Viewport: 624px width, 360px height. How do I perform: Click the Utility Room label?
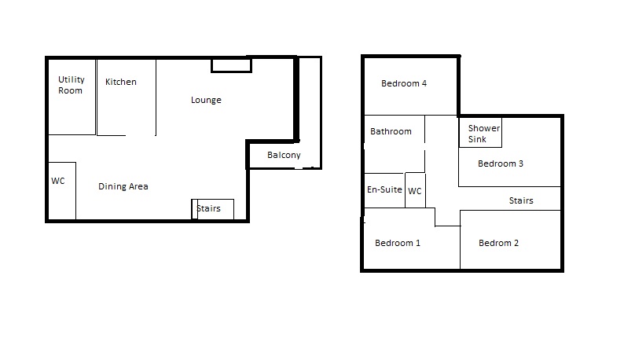tap(72, 85)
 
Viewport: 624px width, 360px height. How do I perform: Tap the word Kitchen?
tap(120, 82)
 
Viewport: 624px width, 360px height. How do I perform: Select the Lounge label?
tap(206, 100)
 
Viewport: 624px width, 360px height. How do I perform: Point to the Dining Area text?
tap(123, 186)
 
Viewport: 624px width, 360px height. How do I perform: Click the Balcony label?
tap(284, 155)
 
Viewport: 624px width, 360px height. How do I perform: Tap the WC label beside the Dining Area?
tap(57, 181)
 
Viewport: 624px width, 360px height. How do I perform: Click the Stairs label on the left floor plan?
tap(208, 208)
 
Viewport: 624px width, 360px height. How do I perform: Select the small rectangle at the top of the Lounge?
tap(231, 66)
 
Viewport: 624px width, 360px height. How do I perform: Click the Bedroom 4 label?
tap(403, 83)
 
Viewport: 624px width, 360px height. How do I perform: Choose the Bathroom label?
tap(391, 131)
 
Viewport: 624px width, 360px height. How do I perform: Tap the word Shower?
tap(483, 128)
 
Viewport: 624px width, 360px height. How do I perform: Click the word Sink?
tap(477, 139)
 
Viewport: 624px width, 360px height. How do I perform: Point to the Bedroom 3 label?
tap(501, 163)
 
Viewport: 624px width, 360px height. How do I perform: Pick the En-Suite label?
tap(384, 189)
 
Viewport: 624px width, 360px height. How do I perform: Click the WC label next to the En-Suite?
tap(414, 191)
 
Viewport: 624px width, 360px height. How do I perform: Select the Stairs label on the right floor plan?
tap(521, 200)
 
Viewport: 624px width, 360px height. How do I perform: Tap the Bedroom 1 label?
tap(397, 243)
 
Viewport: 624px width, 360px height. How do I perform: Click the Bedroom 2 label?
tap(498, 243)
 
